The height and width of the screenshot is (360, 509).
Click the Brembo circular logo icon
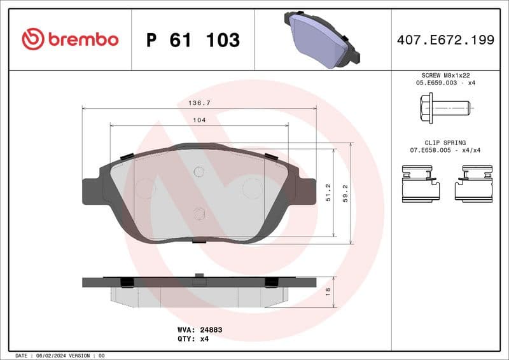click(33, 39)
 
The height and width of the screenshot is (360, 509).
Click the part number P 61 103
click(193, 40)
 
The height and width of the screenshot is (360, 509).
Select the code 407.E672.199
click(445, 40)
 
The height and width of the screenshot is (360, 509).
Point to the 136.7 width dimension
click(199, 102)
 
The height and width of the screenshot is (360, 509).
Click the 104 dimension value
click(199, 120)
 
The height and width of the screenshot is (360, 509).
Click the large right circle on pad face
click(253, 188)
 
